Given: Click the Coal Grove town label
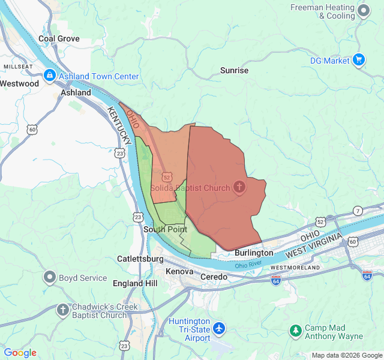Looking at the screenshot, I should click(59, 38).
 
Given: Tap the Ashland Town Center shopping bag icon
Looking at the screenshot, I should click(50, 76).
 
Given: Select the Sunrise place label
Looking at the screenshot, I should click(234, 70).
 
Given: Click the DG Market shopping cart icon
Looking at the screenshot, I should click(359, 60).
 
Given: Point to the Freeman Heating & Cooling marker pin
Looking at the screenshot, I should click(363, 11).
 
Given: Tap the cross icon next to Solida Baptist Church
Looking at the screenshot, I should click(239, 188).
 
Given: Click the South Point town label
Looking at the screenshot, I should click(165, 229).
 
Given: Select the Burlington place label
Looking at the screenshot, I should click(254, 253).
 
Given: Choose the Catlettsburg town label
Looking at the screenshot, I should click(140, 259).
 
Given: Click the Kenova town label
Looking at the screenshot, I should click(179, 272).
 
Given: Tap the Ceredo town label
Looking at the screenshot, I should click(214, 277).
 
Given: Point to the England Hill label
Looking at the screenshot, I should click(136, 283).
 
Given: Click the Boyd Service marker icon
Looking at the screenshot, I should click(50, 278).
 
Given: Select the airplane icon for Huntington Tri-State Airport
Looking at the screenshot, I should click(220, 329).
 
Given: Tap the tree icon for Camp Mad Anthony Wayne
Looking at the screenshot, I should click(295, 331).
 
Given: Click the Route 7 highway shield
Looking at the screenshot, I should click(358, 211).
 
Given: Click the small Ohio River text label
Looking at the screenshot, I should click(249, 265).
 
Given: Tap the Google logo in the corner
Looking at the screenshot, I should click(20, 353).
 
